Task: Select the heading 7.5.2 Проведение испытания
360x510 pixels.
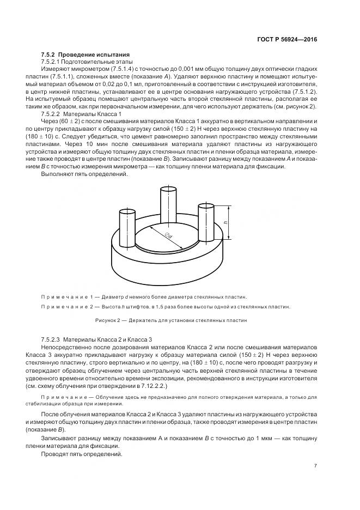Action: tap(86, 55)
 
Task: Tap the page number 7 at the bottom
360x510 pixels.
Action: tap(315, 465)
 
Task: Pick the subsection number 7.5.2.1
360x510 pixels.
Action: tap(52, 62)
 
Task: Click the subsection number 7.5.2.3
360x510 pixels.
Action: tap(53, 339)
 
